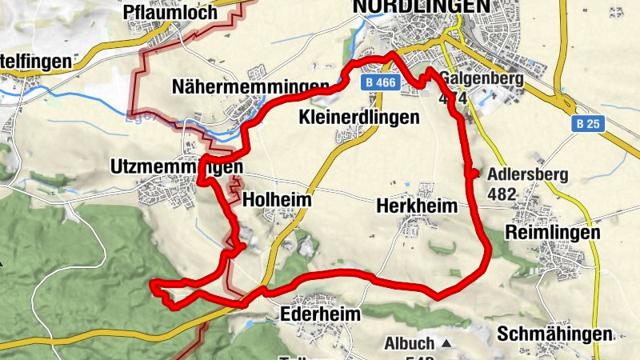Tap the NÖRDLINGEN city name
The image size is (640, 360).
[421, 6]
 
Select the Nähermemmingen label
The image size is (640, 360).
[250, 86]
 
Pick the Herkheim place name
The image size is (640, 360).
[416, 206]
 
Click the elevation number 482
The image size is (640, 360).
[502, 194]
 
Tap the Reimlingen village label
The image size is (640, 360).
[553, 232]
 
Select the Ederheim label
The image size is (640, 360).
[321, 314]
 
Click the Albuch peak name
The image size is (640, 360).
[409, 343]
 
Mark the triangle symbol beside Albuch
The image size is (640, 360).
[446, 344]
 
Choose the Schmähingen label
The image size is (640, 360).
[554, 334]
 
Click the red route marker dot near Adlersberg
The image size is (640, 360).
[473, 174]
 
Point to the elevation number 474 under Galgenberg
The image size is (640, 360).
[453, 97]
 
